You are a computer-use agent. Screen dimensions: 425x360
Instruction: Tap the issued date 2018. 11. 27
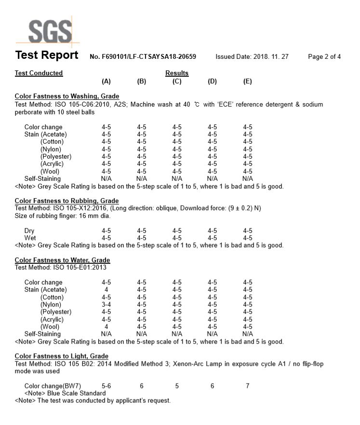[x=270, y=56]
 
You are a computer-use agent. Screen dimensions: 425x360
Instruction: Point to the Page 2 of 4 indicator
[x=324, y=56]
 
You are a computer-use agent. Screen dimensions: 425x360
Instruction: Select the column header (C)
[x=177, y=82]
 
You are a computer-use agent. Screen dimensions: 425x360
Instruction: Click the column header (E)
[x=248, y=82]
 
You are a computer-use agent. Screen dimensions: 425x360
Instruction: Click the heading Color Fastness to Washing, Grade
[x=67, y=96]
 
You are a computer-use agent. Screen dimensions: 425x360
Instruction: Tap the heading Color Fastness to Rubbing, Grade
[x=67, y=201]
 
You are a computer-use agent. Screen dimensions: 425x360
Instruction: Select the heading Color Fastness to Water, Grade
[x=62, y=260]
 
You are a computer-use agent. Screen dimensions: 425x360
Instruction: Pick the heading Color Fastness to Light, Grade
[x=61, y=356]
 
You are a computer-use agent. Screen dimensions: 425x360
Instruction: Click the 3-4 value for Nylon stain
[x=106, y=304]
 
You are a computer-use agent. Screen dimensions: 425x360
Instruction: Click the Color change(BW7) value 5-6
[x=106, y=386]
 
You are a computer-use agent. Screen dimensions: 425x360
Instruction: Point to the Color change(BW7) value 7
[x=248, y=386]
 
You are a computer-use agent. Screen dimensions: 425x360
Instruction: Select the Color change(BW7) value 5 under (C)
[x=177, y=386]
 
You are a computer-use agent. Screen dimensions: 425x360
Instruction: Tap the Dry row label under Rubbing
[x=29, y=231]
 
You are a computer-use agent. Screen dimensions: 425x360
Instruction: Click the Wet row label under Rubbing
[x=30, y=238]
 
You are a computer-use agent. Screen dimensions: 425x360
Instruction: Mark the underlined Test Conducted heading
[x=39, y=73]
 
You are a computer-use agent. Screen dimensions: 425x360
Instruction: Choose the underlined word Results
[x=177, y=73]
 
